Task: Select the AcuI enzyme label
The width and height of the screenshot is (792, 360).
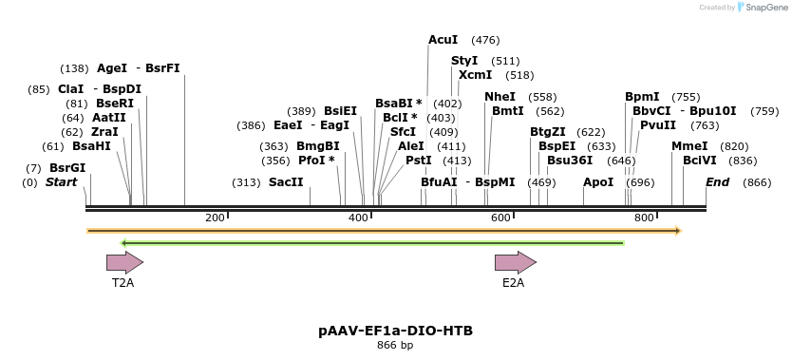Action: (443, 40)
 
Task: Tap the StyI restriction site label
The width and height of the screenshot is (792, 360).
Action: (464, 61)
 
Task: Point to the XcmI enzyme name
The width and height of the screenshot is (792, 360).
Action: (476, 75)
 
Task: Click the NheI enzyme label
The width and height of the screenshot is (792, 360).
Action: (500, 97)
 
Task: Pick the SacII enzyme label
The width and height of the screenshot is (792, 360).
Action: (286, 182)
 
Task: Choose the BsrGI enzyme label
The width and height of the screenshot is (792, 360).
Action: (67, 168)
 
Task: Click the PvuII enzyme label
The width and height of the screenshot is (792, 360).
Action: (658, 125)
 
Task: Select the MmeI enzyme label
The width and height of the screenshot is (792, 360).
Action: (689, 146)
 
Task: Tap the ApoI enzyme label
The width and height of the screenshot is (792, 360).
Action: (598, 182)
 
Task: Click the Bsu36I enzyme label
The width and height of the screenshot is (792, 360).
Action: (570, 161)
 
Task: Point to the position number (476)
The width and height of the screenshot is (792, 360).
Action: (485, 40)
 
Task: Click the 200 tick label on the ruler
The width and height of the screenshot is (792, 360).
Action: (215, 218)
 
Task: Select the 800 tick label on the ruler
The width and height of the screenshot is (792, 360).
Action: (644, 218)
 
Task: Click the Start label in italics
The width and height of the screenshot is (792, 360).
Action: (62, 182)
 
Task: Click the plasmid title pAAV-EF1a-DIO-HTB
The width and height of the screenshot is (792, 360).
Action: (395, 331)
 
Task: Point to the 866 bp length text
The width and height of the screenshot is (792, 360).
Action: (395, 345)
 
